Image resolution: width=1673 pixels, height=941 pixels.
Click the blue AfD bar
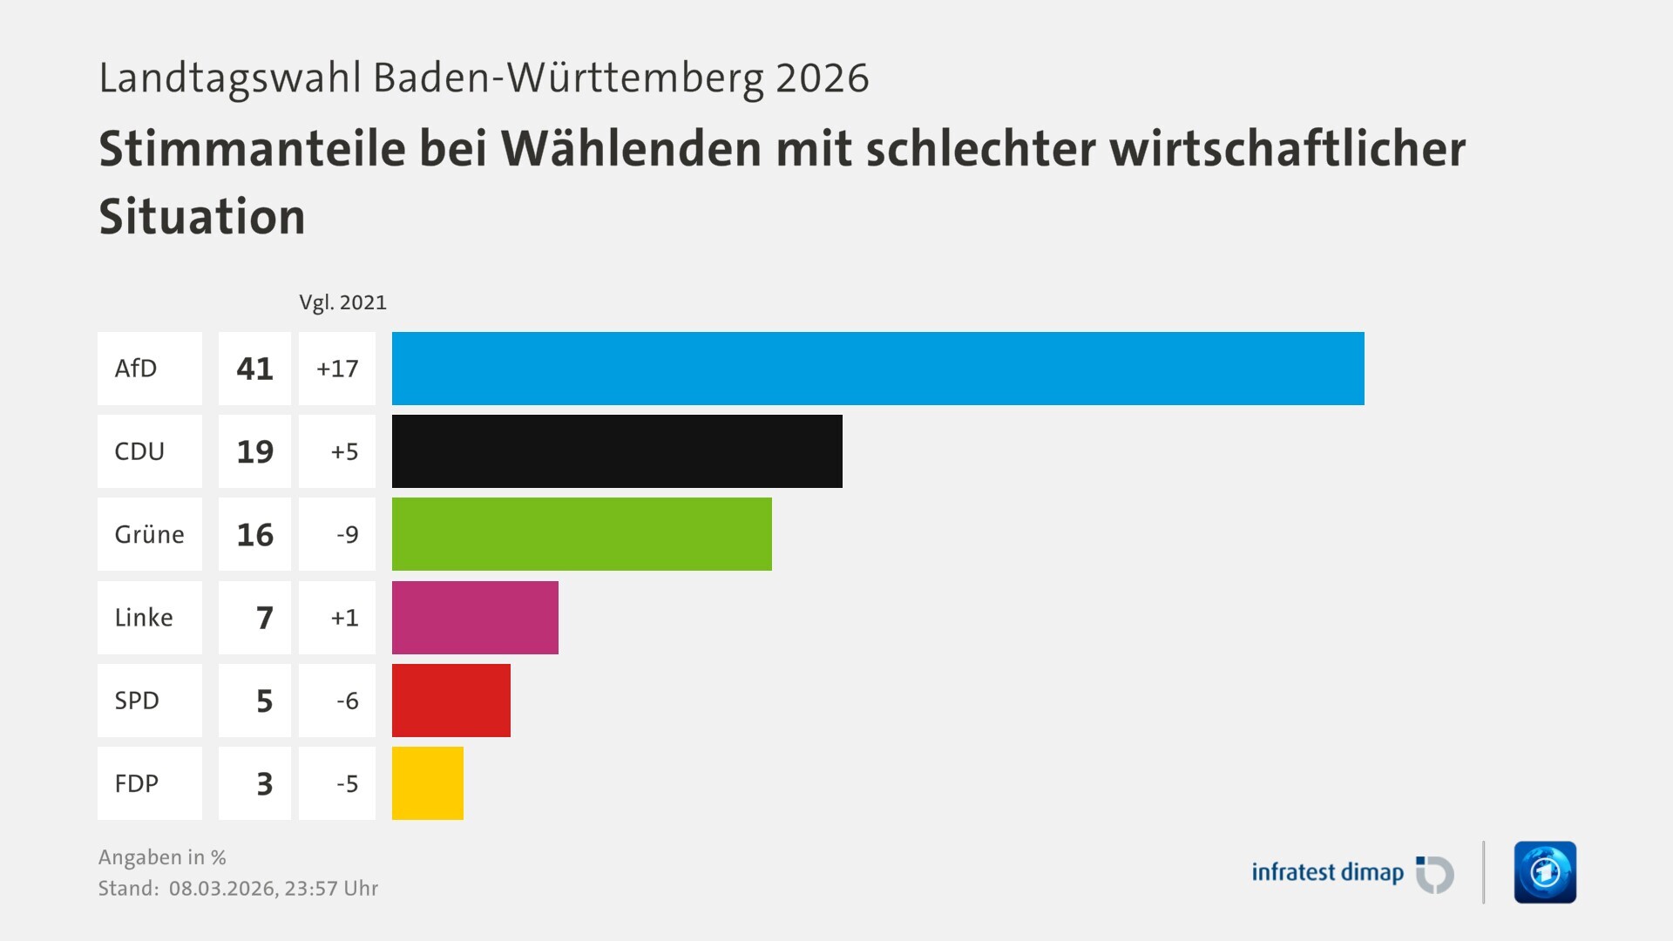point(877,369)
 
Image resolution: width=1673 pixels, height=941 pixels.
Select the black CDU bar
point(617,451)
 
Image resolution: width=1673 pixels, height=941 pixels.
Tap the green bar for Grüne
point(581,534)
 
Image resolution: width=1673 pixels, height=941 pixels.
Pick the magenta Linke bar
point(475,618)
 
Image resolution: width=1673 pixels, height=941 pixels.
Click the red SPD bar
point(450,701)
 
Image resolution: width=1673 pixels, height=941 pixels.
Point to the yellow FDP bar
point(427,783)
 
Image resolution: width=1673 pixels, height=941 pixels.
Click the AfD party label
point(136,369)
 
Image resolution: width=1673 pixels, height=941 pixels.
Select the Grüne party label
point(149,534)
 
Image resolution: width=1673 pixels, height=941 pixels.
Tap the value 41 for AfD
point(254,369)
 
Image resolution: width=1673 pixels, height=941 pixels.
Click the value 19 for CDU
point(254,451)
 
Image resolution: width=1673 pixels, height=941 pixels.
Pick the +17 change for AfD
point(337,369)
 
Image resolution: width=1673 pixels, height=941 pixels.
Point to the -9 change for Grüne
point(347,534)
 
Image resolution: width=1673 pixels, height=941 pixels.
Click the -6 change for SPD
point(347,701)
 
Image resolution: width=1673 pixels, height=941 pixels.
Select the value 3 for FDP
point(264,783)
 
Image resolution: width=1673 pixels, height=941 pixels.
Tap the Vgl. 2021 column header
point(342,302)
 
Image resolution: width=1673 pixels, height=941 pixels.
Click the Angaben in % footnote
point(162,857)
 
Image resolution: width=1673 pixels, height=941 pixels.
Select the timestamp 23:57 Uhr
point(331,889)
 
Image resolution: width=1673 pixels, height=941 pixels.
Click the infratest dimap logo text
point(1327,872)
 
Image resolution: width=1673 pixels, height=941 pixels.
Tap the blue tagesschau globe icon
point(1545,872)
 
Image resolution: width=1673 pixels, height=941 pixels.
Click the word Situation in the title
point(202,217)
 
